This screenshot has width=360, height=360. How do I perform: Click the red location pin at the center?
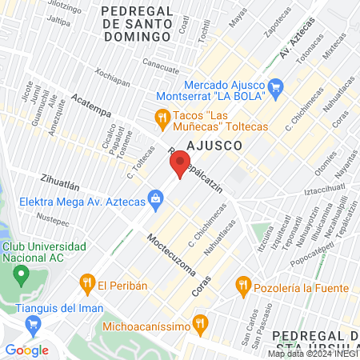pyautogui.click(x=179, y=166)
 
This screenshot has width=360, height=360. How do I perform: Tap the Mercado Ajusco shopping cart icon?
pyautogui.click(x=276, y=86)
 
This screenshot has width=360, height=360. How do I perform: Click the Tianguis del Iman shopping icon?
pyautogui.click(x=33, y=324)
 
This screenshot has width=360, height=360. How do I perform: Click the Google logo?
pyautogui.click(x=26, y=350)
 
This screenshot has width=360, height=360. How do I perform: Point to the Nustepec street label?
pyautogui.click(x=54, y=217)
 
